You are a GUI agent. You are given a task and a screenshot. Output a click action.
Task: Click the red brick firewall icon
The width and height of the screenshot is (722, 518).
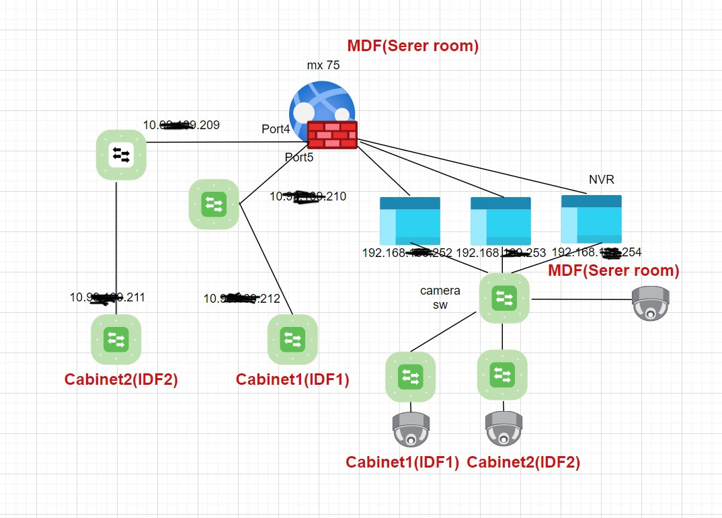click(332, 135)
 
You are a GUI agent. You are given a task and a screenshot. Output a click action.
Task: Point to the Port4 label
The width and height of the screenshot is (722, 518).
click(276, 129)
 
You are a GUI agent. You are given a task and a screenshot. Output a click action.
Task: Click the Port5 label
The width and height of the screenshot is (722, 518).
click(299, 157)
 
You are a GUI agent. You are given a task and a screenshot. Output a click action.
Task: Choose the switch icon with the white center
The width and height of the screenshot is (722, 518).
click(121, 155)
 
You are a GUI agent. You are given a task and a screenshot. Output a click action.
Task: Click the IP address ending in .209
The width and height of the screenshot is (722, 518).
click(181, 125)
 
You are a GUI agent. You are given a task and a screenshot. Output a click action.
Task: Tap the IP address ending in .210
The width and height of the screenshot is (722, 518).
click(308, 196)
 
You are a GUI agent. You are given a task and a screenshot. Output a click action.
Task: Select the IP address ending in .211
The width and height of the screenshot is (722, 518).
click(108, 297)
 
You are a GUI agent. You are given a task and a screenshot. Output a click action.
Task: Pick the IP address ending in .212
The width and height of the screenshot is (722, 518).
click(241, 299)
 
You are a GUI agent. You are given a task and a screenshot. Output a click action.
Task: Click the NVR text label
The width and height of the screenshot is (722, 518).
click(601, 180)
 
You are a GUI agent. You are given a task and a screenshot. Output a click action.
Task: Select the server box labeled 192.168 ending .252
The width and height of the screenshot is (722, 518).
click(409, 221)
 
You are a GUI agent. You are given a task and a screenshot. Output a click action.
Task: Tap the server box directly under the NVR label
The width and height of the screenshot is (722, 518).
click(591, 219)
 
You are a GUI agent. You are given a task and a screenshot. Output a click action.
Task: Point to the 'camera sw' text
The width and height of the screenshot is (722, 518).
click(440, 297)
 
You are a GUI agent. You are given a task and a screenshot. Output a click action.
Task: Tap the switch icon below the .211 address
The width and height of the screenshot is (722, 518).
click(116, 339)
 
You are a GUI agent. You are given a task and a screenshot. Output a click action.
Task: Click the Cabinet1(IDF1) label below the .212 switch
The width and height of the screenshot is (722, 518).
click(292, 379)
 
